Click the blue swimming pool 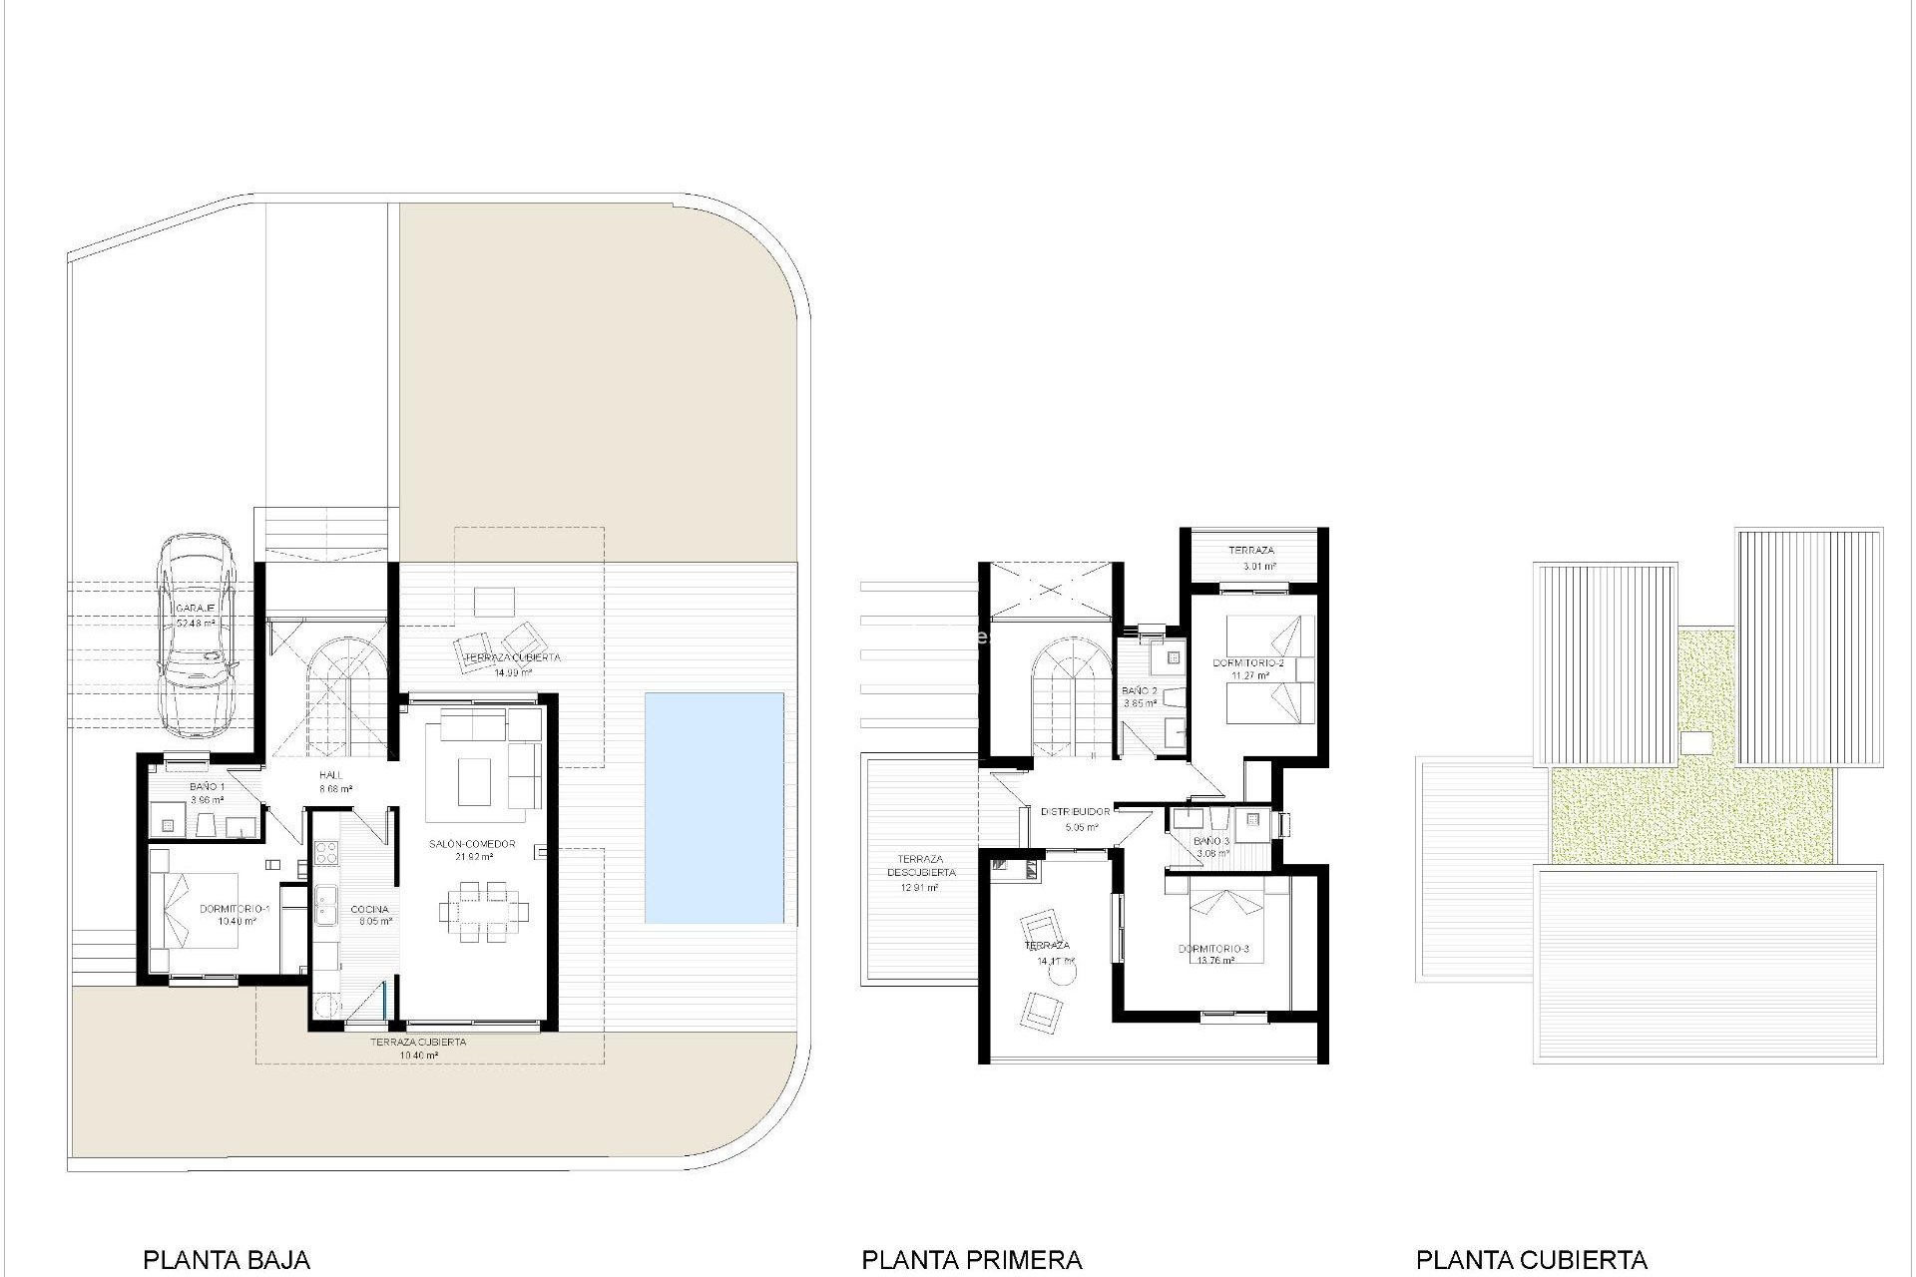[x=714, y=808]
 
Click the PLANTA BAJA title [x=227, y=1260]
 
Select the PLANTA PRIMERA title [x=972, y=1260]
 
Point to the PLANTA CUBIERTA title [x=1532, y=1260]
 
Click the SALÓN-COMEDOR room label [x=472, y=844]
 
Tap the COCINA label [x=369, y=910]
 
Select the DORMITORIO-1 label [x=236, y=910]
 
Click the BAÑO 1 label [x=207, y=787]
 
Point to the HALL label [x=330, y=775]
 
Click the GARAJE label [x=196, y=609]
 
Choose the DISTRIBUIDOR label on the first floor [x=1075, y=812]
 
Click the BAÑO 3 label [x=1211, y=841]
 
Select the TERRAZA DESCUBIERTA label [x=921, y=866]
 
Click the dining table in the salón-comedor [x=484, y=910]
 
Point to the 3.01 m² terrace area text [x=1259, y=567]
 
